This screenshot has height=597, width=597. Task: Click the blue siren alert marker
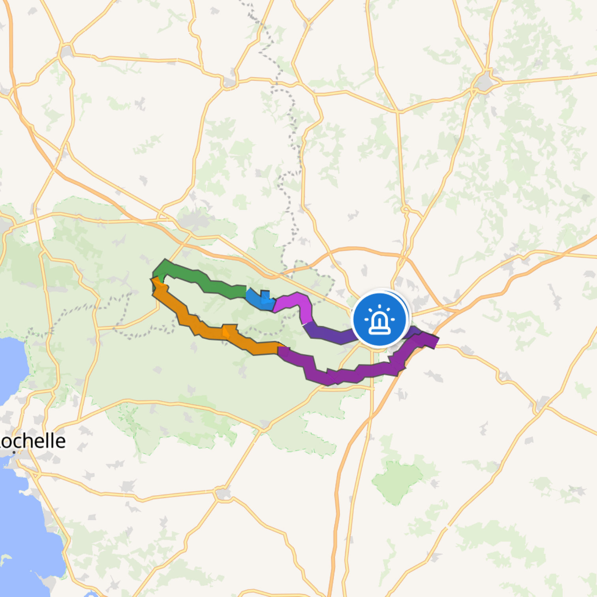379,319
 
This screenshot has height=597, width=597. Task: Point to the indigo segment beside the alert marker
328,334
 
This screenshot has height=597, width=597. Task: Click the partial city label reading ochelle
32,441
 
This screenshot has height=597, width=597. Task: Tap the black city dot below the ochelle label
14,452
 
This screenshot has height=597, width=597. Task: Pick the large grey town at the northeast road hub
484,82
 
